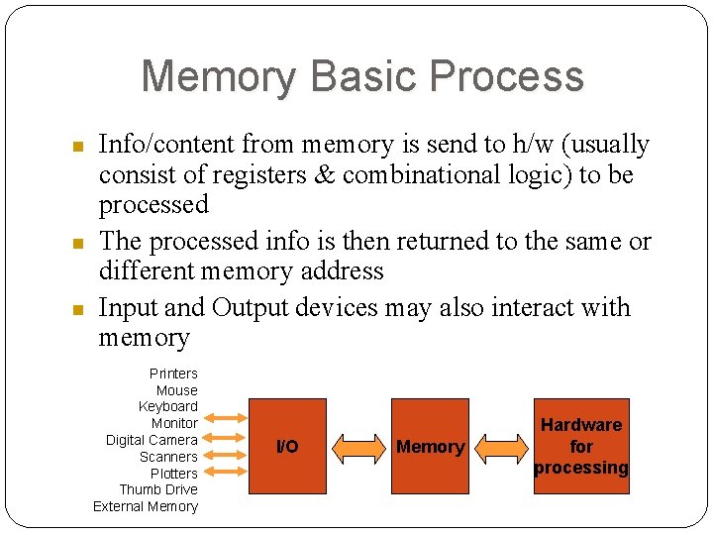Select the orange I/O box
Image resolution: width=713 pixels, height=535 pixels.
tap(287, 446)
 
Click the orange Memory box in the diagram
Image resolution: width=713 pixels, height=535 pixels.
tap(430, 446)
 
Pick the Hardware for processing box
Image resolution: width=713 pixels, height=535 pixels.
tap(581, 446)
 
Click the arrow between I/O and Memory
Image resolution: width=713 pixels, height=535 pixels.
tap(358, 447)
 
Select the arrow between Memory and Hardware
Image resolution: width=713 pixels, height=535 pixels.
tap(501, 447)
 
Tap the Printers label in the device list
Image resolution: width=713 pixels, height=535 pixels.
tap(173, 374)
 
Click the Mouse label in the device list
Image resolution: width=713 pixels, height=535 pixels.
tap(177, 390)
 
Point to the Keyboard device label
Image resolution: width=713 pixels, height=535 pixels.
tap(168, 406)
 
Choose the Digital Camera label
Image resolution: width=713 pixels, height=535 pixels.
tap(152, 440)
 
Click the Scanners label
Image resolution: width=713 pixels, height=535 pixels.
tap(168, 457)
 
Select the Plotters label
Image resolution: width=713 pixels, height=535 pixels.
tap(173, 474)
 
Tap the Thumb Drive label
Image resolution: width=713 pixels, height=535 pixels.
tap(158, 489)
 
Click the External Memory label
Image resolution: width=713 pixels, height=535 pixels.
tap(146, 506)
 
